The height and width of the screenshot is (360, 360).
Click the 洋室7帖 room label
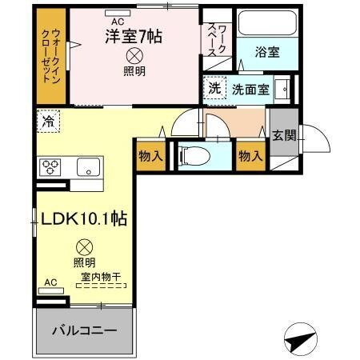click(x=134, y=35)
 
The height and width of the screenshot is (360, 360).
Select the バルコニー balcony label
click(x=84, y=330)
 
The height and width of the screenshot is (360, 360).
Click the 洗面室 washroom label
click(x=250, y=88)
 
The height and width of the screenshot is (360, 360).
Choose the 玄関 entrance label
click(x=283, y=135)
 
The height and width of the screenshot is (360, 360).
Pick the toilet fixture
click(x=192, y=155)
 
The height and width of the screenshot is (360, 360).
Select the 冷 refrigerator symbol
click(x=47, y=122)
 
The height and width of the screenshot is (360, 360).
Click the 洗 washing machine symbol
click(x=214, y=87)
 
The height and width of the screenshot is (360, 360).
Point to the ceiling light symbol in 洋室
click(x=134, y=55)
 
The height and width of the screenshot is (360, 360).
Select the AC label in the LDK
click(x=51, y=282)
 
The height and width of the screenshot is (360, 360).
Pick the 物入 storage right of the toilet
click(x=250, y=155)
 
